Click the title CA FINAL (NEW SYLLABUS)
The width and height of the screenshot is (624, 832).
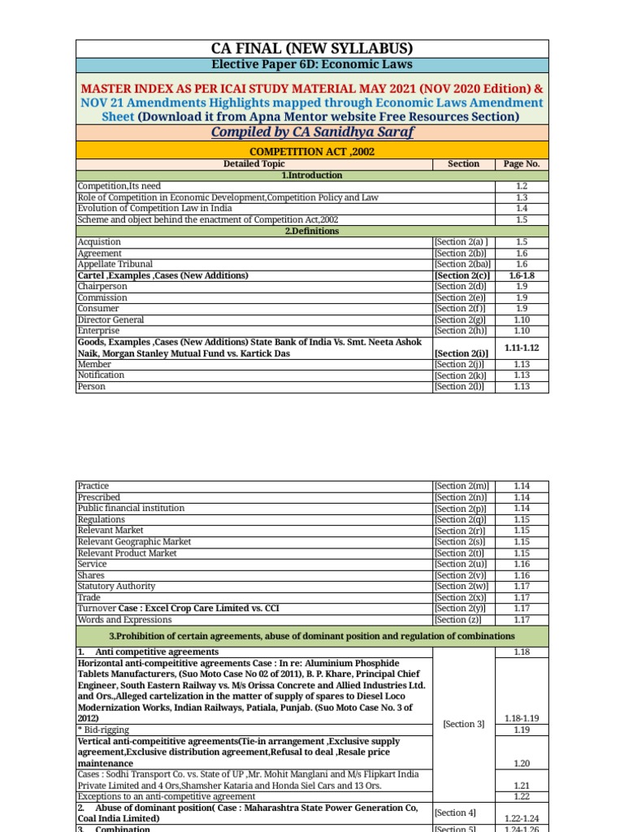312,48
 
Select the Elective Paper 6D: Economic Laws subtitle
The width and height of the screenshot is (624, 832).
312,65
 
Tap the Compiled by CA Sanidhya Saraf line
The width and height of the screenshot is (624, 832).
312,132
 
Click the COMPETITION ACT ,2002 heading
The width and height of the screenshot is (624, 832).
312,150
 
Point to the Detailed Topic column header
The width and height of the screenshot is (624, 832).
254,164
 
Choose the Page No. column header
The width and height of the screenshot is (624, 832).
522,164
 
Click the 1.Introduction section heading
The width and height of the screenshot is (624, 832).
312,175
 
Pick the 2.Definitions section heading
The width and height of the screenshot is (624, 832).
312,232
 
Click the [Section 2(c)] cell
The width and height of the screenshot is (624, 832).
463,275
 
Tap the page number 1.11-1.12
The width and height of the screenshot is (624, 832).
522,348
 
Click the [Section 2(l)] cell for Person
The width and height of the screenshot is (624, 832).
463,387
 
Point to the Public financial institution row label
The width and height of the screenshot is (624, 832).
131,508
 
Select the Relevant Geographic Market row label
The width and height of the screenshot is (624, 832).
134,542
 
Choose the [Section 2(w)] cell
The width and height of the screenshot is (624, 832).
463,586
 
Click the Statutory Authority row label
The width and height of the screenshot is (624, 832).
115,586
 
